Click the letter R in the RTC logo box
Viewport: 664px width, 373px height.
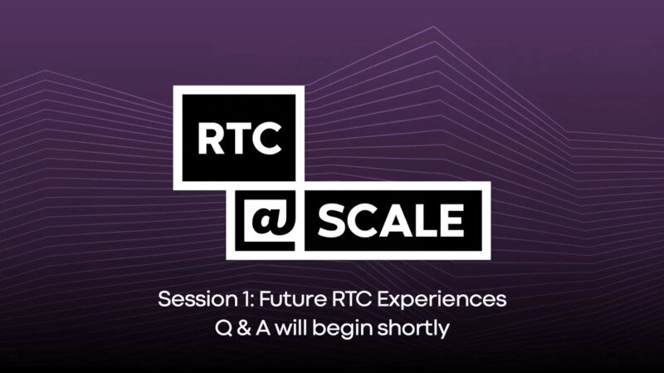pos(211,139)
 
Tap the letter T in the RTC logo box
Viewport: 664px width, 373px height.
pos(238,139)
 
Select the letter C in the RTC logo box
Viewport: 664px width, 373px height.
pos(266,139)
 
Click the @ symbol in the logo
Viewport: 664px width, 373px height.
pos(271,219)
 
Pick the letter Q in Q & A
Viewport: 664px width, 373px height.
pos(223,328)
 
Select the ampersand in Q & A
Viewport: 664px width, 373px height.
pos(244,328)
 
